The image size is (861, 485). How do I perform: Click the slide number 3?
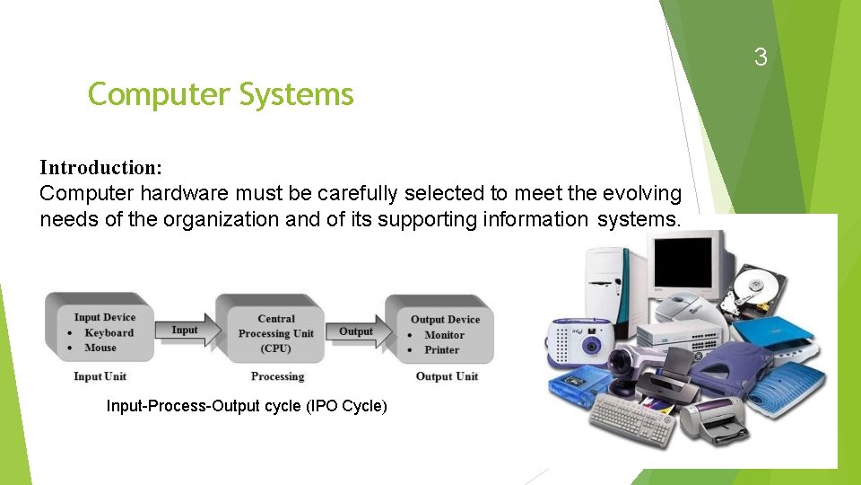point(761,58)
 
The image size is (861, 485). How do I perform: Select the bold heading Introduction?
point(101,168)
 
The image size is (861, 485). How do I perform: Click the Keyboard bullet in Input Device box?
point(109,332)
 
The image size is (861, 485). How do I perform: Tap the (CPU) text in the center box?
point(276,348)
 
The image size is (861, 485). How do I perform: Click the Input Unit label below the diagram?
point(100,376)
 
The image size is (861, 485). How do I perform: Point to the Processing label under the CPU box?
point(277,376)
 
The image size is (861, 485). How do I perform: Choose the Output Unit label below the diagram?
point(447,376)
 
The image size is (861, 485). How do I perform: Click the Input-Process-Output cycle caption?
point(247,407)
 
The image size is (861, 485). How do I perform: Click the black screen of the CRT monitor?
point(687,257)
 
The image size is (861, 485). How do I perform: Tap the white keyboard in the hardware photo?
point(632,419)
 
